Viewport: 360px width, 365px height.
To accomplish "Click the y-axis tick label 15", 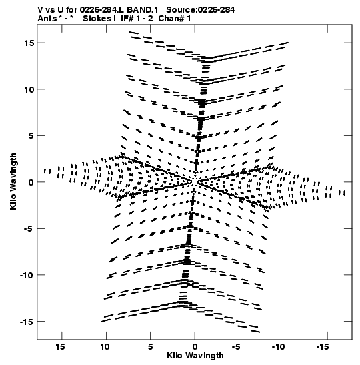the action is coord(29,43).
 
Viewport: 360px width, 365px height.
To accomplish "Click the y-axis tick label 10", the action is coord(29,89).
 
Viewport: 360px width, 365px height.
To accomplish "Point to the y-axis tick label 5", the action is coord(31,135).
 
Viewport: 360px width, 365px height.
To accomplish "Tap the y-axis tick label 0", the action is coord(31,182).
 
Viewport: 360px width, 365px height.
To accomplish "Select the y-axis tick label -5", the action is coord(29,229).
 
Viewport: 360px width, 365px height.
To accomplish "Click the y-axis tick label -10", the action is coord(27,275).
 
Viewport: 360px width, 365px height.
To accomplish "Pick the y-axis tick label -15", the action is coord(27,322).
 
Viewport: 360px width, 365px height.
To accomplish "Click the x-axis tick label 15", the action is coord(60,347).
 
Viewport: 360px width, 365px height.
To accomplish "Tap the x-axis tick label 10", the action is coord(105,347).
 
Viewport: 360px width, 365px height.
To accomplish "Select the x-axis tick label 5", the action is coord(150,347).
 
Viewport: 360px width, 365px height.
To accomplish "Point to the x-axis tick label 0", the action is coord(195,347).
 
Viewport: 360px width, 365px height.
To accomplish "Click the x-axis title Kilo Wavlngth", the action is coord(195,356).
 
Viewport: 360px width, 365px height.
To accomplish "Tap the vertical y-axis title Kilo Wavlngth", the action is coord(13,181).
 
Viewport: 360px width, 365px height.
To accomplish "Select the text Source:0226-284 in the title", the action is coord(200,10).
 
